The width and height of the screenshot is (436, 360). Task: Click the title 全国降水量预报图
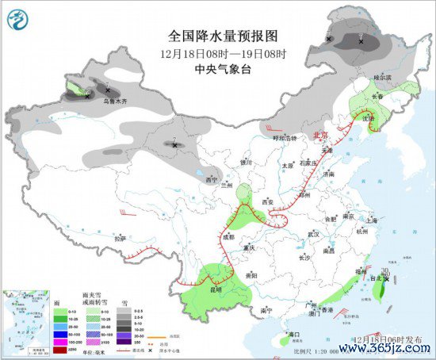[x=224, y=36]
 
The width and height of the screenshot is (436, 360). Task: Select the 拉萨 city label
[x=120, y=237]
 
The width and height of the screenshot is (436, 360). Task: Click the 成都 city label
[x=228, y=236]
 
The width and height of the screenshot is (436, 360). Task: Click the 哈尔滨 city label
[x=384, y=78]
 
